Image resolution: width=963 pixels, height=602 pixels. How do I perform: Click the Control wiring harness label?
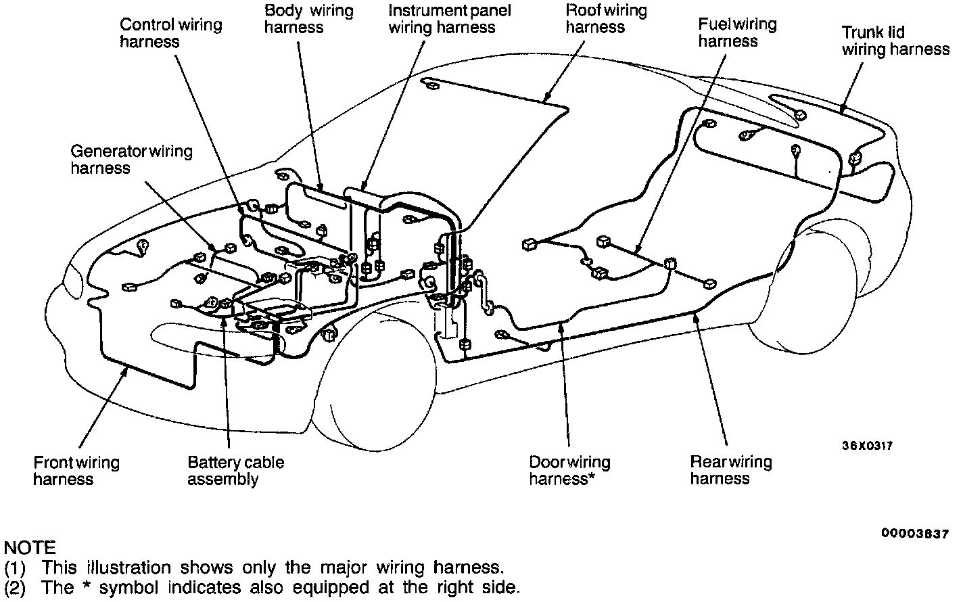click(x=170, y=33)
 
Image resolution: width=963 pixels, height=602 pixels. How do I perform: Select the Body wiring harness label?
click(x=308, y=19)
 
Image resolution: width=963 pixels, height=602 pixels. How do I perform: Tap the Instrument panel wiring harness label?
click(x=450, y=19)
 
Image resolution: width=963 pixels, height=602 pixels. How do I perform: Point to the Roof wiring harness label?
click(x=606, y=19)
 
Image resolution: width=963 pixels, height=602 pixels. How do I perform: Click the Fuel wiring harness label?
click(x=737, y=33)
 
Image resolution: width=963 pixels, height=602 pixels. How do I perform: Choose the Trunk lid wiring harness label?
click(x=895, y=41)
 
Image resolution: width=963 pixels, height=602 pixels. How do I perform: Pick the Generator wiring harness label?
click(x=131, y=160)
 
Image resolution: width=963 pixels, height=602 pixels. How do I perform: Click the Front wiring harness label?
click(x=76, y=471)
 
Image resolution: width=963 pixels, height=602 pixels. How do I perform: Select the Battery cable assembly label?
click(x=235, y=471)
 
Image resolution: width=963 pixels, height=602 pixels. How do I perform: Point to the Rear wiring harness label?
click(x=730, y=470)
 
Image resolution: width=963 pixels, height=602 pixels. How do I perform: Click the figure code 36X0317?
click(x=867, y=446)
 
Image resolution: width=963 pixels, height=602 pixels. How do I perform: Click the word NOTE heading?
click(x=30, y=547)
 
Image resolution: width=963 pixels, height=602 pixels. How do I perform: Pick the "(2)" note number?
click(x=15, y=587)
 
